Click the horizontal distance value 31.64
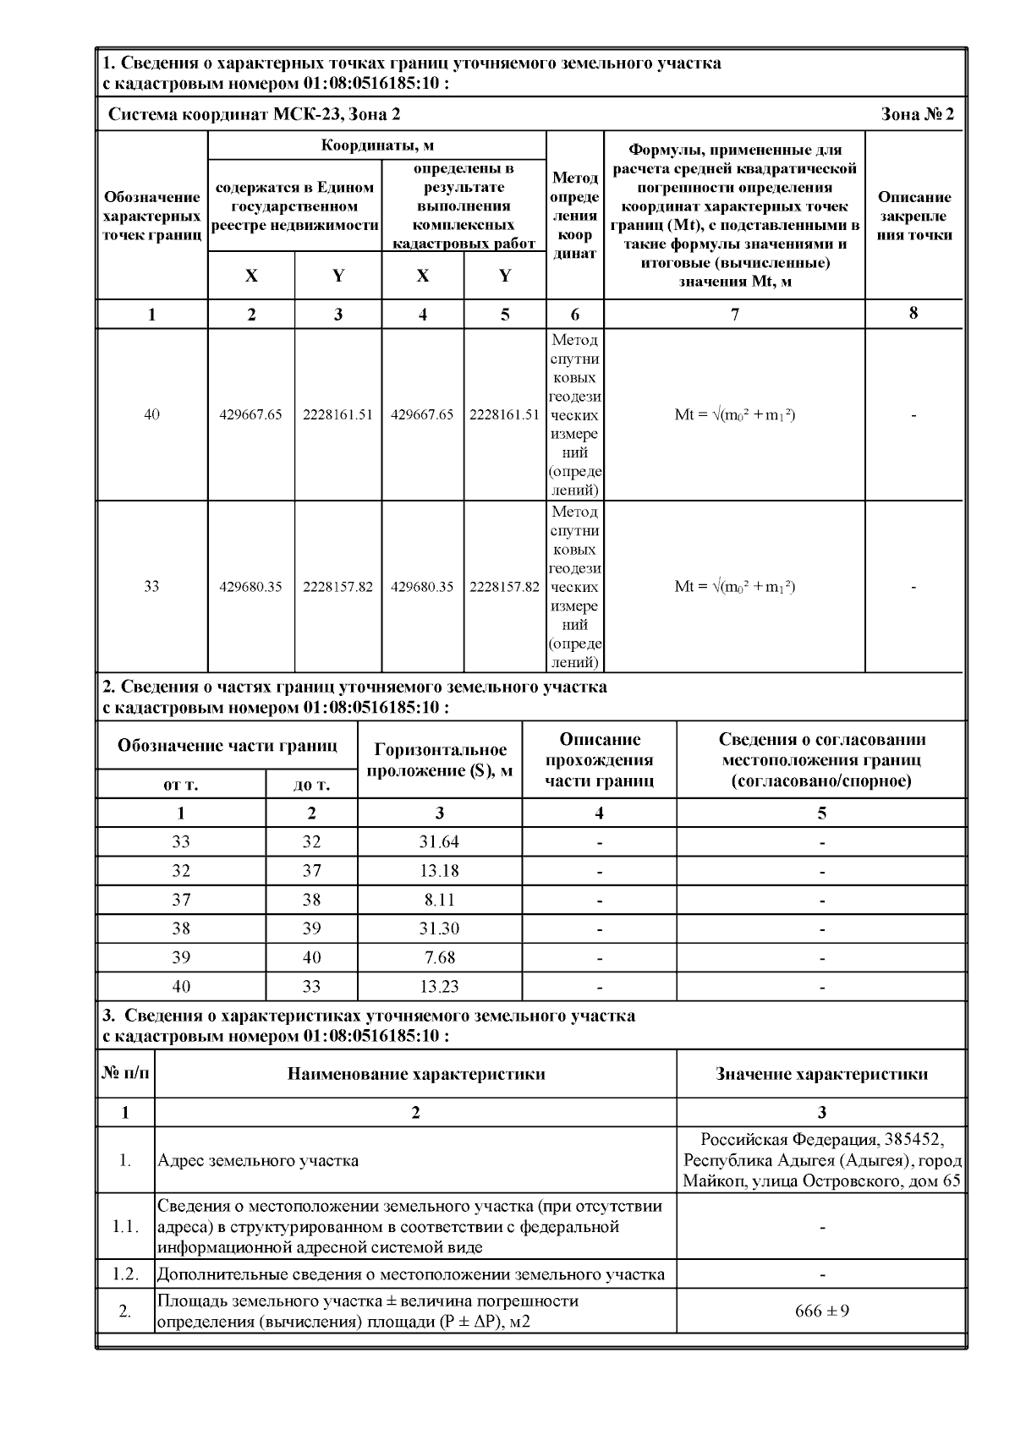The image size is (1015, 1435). [439, 842]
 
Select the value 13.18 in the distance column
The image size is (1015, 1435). [439, 871]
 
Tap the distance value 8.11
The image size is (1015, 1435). [439, 900]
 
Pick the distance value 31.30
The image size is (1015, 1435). [439, 928]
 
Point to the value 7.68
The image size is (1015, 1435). [439, 957]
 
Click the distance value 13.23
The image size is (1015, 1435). [439, 986]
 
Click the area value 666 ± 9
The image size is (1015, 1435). [822, 1311]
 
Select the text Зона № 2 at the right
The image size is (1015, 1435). [918, 114]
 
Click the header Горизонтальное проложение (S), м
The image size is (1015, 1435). [440, 759]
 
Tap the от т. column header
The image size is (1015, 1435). [181, 785]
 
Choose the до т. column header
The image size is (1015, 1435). [311, 785]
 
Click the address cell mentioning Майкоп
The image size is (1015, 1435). [822, 1160]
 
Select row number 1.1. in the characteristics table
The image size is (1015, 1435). [125, 1226]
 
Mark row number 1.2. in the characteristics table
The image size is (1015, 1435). [125, 1274]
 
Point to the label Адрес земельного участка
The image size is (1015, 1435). [258, 1160]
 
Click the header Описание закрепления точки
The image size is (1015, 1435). [913, 216]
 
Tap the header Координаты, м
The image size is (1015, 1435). [377, 145]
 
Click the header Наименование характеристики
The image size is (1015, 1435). [415, 1074]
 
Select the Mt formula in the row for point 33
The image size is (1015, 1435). [734, 587]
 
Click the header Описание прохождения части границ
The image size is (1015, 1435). [600, 759]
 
